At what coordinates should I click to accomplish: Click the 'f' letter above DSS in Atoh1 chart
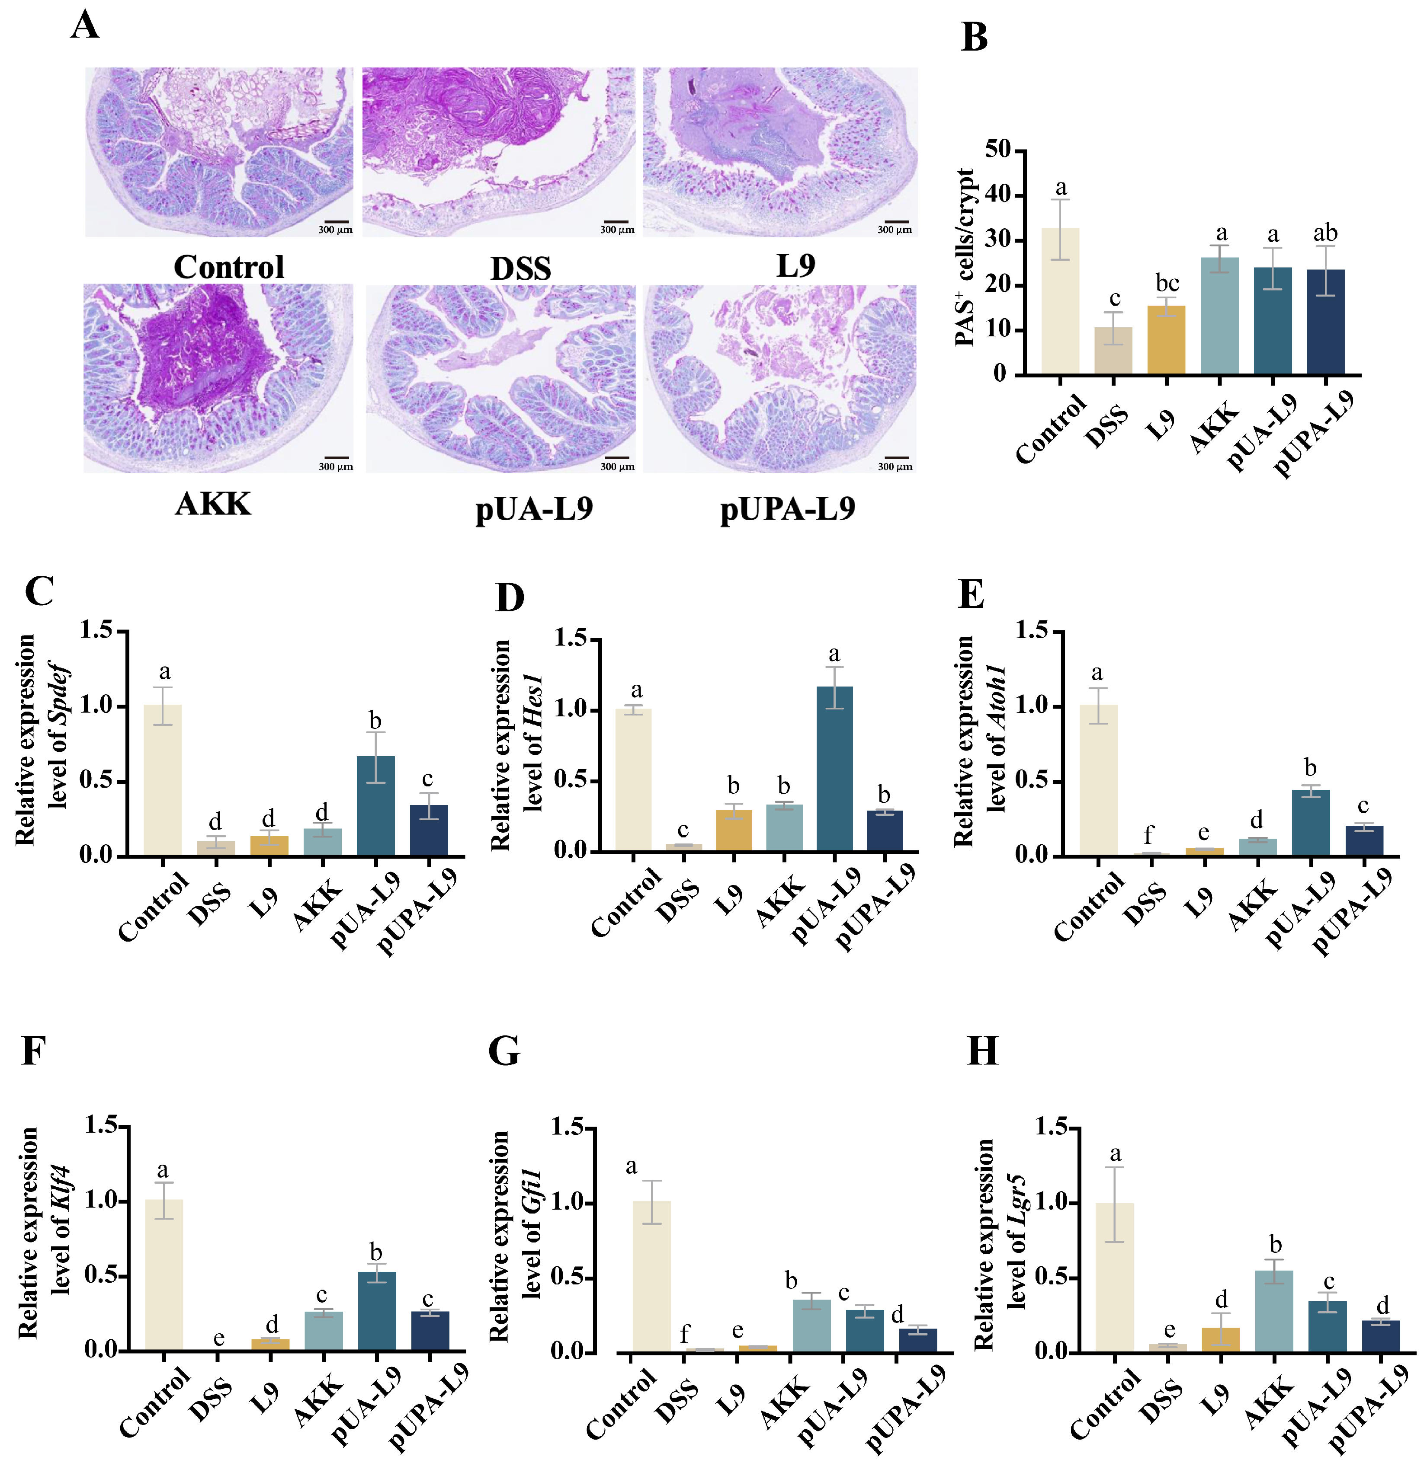1149,834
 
